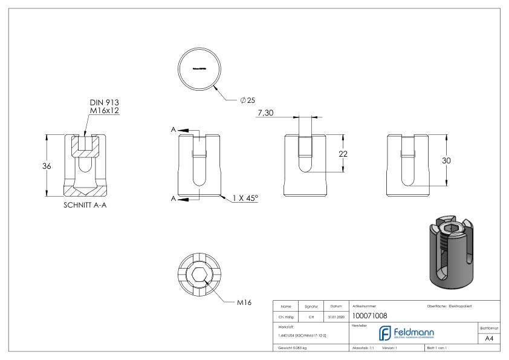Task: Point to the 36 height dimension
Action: click(37, 166)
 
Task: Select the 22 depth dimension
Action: click(343, 154)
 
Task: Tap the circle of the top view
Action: click(199, 69)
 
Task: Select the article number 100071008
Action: click(370, 315)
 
